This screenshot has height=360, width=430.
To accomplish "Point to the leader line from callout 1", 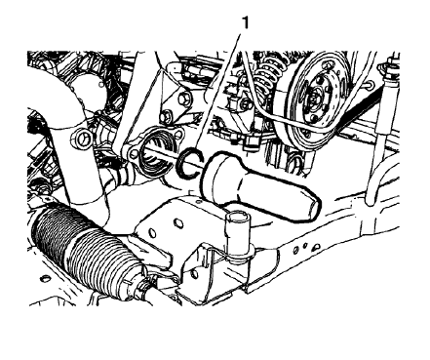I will [219, 88].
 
